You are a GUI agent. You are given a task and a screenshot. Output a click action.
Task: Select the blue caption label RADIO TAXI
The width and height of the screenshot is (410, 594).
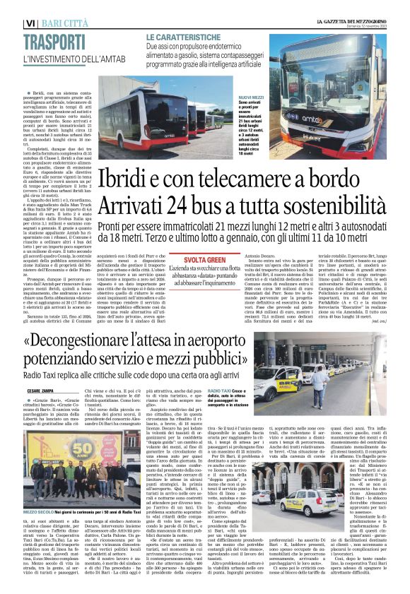tap(221, 391)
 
